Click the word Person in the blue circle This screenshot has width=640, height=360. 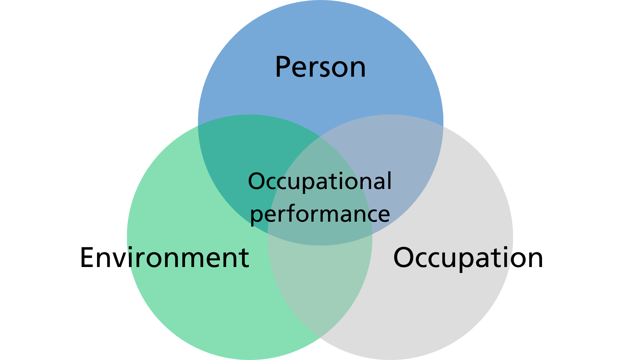coord(320,67)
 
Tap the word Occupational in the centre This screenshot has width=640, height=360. coord(320,182)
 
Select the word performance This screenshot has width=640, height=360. coord(320,214)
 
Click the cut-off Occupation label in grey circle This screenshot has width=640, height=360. coord(453,258)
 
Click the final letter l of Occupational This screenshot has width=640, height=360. coord(389,180)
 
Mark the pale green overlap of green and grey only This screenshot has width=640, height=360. coord(320,283)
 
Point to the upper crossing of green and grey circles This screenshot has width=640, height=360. coord(320,137)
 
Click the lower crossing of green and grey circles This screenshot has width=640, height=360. coord(320,338)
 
